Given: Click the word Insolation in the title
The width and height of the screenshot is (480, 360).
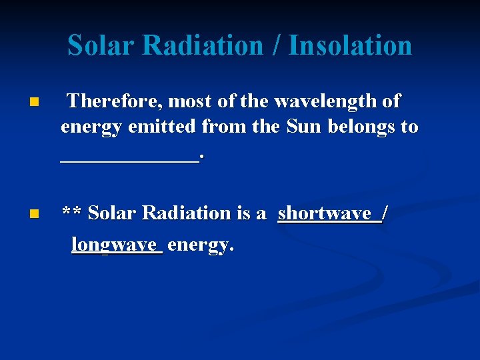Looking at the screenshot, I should click(x=351, y=45).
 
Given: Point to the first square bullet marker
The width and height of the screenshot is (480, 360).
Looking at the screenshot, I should click(x=33, y=103).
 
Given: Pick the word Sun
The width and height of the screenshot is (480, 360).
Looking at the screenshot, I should click(x=304, y=127).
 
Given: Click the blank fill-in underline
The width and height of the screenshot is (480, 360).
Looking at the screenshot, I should click(x=129, y=159).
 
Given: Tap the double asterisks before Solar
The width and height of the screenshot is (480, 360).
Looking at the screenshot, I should click(x=72, y=213).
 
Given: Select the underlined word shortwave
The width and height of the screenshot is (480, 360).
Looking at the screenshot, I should click(x=324, y=213).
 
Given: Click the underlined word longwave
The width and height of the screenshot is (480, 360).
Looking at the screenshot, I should click(x=117, y=245).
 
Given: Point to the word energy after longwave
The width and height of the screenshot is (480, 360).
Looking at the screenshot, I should click(x=200, y=246).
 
